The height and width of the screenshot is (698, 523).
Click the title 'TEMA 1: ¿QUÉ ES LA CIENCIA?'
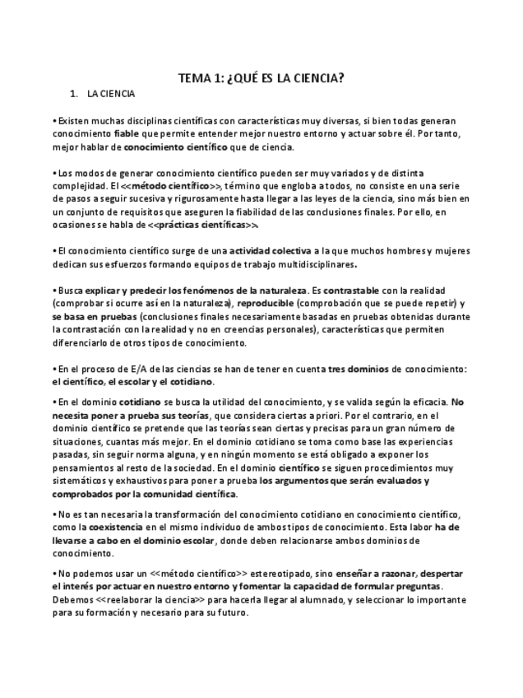click(261, 78)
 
